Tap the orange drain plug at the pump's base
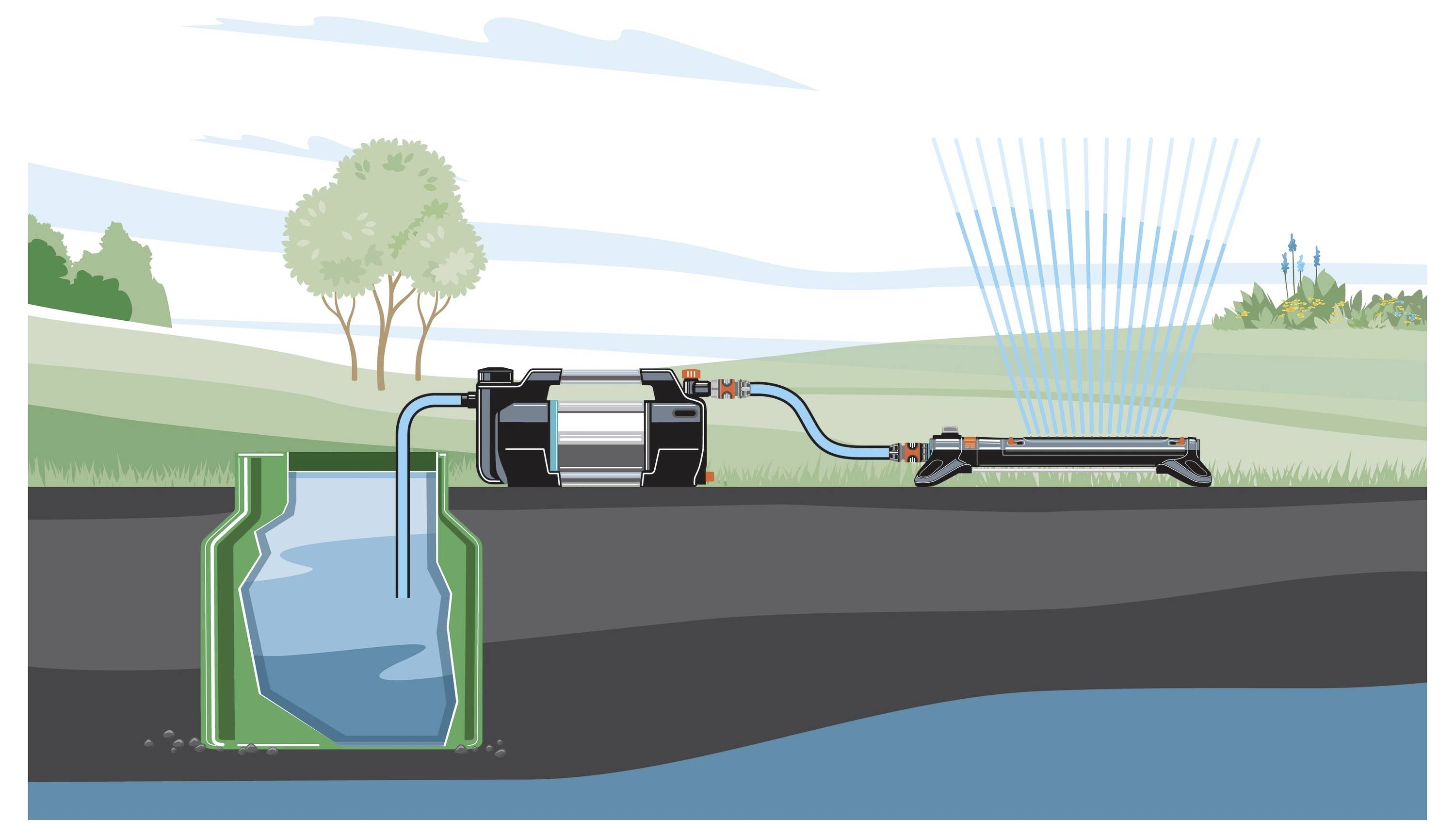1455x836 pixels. tap(710, 476)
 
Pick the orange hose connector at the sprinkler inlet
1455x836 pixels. tap(910, 451)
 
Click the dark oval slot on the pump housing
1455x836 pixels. tap(684, 413)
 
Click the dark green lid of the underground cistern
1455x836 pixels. tap(362, 460)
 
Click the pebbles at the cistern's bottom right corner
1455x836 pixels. tap(495, 749)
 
